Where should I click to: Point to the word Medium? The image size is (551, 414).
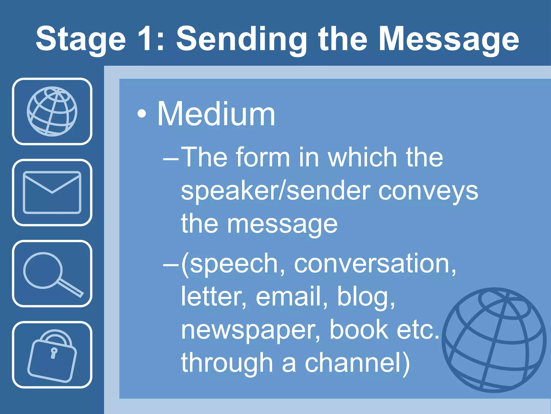point(216,114)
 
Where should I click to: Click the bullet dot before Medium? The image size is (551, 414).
point(142,114)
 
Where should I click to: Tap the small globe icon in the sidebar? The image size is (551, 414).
point(52,111)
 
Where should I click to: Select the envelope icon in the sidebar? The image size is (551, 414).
point(52,192)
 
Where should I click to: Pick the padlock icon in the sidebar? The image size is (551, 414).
point(52,356)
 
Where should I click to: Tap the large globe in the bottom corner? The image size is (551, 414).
point(494,340)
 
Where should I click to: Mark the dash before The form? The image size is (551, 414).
point(171,159)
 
